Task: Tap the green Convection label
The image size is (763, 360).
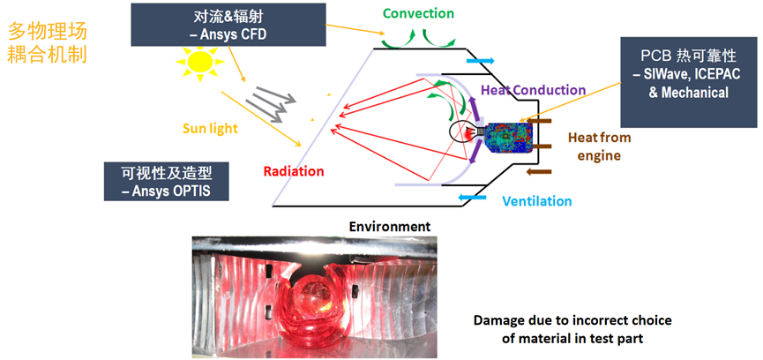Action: point(418,13)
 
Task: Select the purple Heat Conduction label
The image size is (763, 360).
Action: point(533,89)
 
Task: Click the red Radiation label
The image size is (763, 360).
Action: point(294,171)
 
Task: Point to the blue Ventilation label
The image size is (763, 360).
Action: point(536,201)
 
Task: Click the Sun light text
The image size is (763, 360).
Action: point(210,128)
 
